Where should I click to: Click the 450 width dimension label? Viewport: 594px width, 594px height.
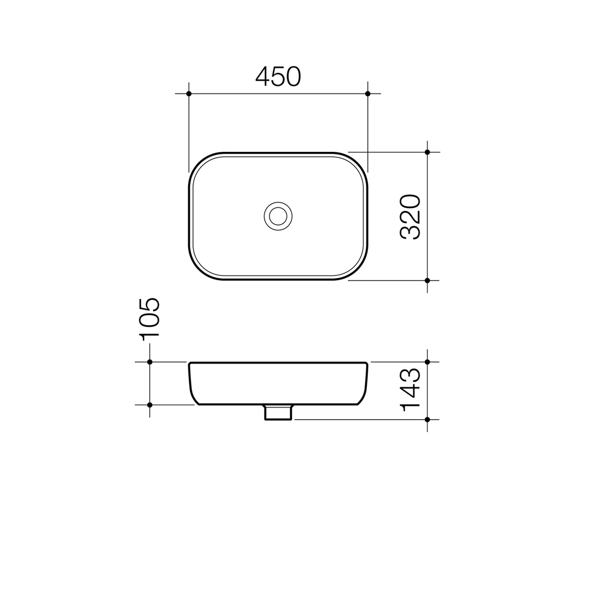(x=278, y=76)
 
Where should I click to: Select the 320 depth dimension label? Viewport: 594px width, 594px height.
(x=409, y=216)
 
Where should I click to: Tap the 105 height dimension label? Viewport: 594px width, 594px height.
(x=148, y=319)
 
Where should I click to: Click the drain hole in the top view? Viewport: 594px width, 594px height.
(x=278, y=216)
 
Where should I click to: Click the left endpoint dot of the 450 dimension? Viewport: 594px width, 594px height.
(x=189, y=94)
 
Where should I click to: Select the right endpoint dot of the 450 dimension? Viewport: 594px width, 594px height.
(x=367, y=94)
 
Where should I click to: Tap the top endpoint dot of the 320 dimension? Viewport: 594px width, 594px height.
(x=427, y=152)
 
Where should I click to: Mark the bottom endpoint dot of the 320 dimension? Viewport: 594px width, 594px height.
(x=427, y=280)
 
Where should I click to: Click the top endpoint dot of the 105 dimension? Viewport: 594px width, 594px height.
(x=150, y=362)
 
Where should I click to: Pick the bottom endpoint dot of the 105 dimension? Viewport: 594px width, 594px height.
(x=150, y=405)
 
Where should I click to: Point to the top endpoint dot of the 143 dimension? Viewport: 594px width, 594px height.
(x=427, y=362)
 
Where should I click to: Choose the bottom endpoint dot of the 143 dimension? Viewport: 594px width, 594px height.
(x=427, y=420)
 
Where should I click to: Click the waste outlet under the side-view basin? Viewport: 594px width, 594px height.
(x=278, y=413)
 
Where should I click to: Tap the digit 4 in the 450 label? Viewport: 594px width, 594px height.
(x=262, y=76)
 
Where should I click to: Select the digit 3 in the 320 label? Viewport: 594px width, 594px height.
(x=409, y=232)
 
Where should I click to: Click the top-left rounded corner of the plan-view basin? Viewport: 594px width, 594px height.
(x=199, y=162)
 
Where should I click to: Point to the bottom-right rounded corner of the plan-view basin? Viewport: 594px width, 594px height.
(x=358, y=270)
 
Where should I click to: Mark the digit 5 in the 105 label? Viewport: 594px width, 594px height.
(x=149, y=304)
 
